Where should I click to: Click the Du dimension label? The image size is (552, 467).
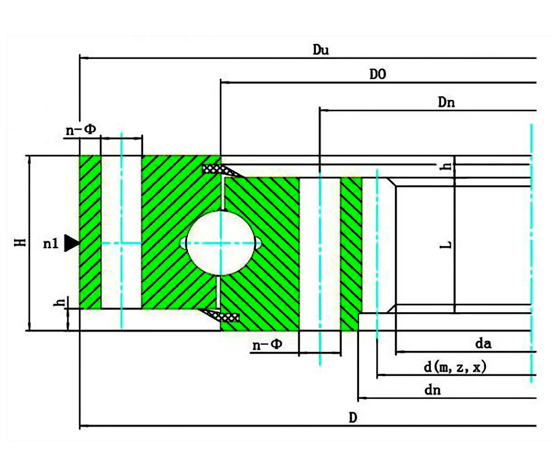320,50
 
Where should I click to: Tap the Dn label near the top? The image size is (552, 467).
446,102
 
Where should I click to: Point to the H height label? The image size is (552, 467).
20,242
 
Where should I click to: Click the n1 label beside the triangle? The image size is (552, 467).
51,244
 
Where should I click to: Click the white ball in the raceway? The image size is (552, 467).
220,243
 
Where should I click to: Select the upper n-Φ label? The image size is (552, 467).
81,130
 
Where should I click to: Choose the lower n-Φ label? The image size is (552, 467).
267,345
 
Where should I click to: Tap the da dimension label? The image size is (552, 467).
483,344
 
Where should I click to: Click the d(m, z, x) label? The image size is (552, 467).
455,367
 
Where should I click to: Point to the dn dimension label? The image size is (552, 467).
432,390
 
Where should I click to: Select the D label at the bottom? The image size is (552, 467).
353,418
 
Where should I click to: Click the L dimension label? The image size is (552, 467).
445,245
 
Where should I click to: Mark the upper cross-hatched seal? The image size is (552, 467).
221,170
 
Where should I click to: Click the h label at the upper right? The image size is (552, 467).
445,166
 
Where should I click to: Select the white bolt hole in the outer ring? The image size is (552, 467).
121,232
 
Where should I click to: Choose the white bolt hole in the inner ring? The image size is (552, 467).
320,254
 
